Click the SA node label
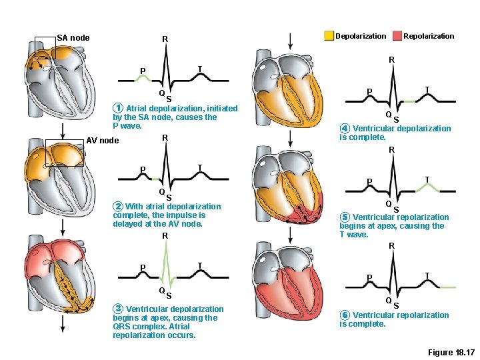pos(73,38)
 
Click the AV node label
pos(103,141)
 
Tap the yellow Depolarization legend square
pos(329,36)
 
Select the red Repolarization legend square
pos(398,36)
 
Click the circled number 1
pos(117,109)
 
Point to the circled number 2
pos(117,207)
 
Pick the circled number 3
pos(117,309)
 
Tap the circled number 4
pos(344,129)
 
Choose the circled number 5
pos(344,217)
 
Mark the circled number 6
pos(344,315)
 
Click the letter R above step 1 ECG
pos(165,40)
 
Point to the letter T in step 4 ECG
pos(427,89)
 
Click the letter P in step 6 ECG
pos(370,277)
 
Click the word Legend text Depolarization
pos(361,36)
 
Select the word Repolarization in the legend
pos(429,36)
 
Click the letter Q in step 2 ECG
pos(161,192)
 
